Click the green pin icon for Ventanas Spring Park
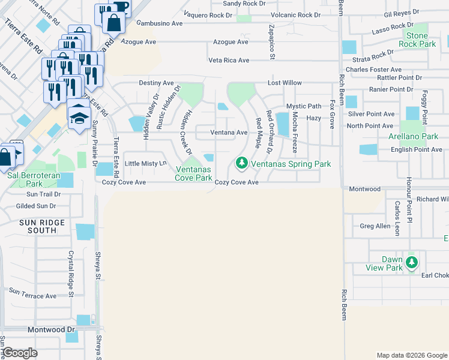tap(241, 163)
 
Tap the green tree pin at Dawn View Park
tap(411, 262)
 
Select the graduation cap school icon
tap(79, 115)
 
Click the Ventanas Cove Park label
tap(193, 174)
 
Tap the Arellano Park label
tap(413, 136)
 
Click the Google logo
tap(20, 353)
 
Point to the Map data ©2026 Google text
tap(411, 355)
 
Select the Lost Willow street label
tap(285, 83)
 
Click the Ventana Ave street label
tap(229, 133)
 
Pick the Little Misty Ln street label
tap(145, 163)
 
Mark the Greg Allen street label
tap(375, 226)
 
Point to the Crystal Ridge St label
tap(70, 274)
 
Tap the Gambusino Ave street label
tap(160, 23)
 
